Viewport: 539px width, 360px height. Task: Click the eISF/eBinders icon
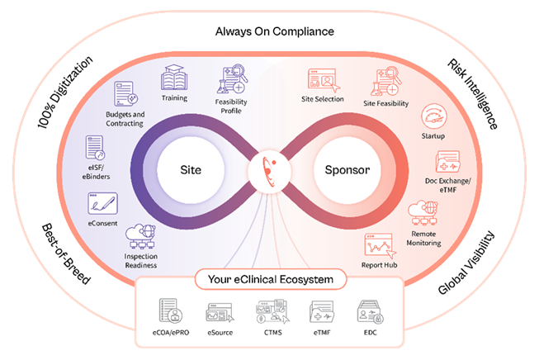click(96, 148)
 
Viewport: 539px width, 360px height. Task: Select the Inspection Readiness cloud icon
click(139, 239)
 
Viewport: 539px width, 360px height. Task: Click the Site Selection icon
click(322, 80)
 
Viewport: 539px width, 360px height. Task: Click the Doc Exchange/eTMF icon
click(447, 160)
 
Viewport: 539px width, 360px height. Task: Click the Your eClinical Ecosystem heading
click(269, 281)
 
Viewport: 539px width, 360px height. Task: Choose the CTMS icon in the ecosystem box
click(269, 313)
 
